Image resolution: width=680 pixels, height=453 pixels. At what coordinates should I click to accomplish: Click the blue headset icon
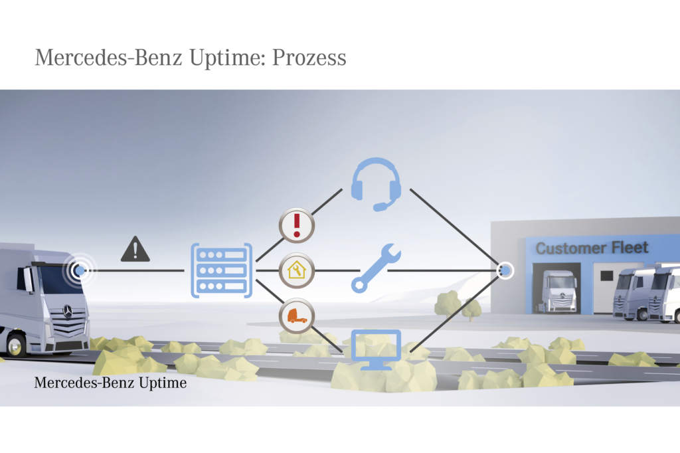coord(376,183)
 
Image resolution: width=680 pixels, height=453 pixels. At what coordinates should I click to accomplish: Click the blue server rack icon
coord(221,270)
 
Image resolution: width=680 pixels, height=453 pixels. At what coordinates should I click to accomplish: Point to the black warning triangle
coord(135,250)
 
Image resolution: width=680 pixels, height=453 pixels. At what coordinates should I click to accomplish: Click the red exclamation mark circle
coord(296,225)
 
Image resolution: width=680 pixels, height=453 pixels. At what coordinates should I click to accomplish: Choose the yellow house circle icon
coord(296,270)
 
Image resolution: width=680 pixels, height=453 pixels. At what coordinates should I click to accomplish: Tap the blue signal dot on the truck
coord(80,270)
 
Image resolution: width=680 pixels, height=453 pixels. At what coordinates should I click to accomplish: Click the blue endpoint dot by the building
coord(505,270)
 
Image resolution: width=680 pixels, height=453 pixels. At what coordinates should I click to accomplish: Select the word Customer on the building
coord(568,249)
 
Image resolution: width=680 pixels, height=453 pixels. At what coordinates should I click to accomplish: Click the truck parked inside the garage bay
coord(558,290)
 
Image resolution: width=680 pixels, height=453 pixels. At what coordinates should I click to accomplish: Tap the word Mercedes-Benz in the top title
coord(107,57)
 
